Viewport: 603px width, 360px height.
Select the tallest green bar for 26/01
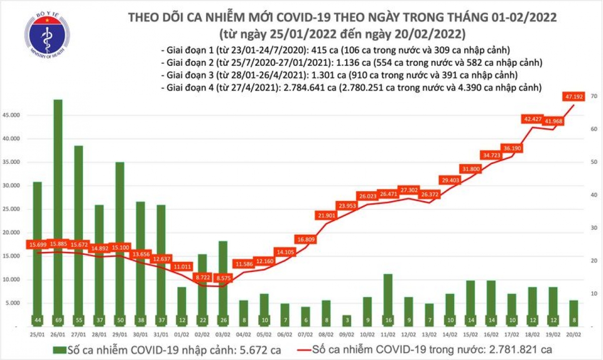[58, 211]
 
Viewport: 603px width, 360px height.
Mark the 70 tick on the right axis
[593, 96]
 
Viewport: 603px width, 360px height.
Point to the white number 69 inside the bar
[58, 320]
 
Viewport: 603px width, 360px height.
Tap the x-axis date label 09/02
[346, 333]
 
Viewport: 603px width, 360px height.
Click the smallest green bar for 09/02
[346, 320]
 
